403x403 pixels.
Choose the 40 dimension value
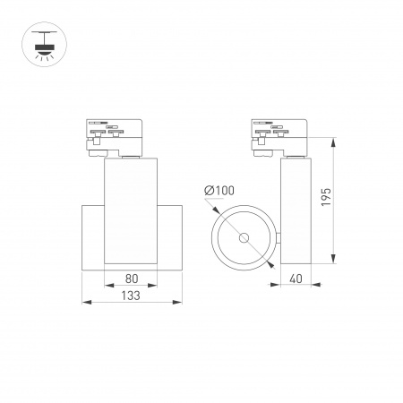pos(296,279)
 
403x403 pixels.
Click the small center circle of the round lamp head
pos(243,238)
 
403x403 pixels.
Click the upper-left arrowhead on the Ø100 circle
pos(218,213)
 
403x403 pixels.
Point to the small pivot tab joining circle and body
pos(278,238)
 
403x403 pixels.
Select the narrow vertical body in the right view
pos(296,210)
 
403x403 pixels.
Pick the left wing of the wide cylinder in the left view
pos(93,238)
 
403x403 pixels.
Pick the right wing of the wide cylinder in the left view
pos(172,238)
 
